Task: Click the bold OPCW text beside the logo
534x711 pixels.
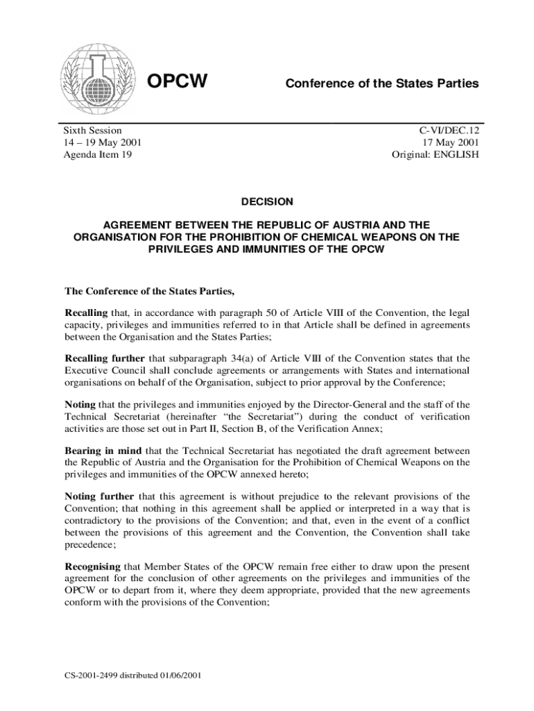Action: [179, 82]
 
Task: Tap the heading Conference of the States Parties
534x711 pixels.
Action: [381, 83]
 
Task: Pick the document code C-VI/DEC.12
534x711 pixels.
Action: [448, 131]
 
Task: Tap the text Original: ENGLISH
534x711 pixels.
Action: [435, 154]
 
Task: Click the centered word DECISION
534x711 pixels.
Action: [267, 201]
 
